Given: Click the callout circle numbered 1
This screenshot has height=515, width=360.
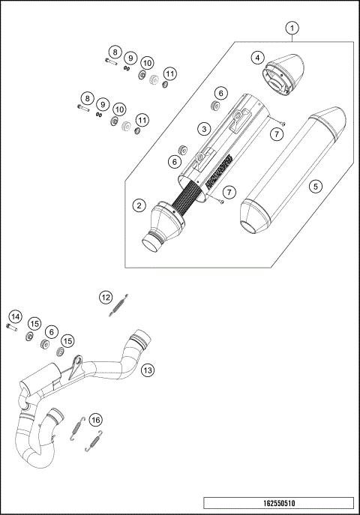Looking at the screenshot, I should [293, 29].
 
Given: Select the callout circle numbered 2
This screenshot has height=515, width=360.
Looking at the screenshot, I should [139, 204].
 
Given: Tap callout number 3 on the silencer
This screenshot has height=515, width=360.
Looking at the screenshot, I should [202, 129].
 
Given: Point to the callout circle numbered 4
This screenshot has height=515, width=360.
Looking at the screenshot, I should [257, 57].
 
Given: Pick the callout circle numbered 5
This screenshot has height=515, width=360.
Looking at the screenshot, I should [316, 185].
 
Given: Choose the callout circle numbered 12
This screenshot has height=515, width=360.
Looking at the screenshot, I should [106, 298].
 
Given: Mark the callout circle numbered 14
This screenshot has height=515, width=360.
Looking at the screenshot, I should [16, 318].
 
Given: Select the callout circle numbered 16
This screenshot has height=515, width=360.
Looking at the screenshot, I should [94, 420].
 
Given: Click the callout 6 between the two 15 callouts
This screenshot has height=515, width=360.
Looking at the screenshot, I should [51, 331].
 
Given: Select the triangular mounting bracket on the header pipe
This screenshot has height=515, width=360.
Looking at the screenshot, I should [73, 367].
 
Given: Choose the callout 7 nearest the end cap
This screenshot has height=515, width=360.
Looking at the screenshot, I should [276, 133].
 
